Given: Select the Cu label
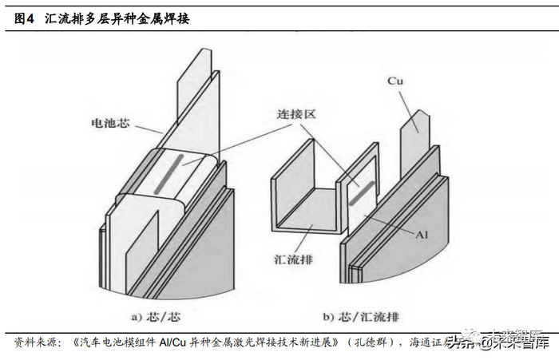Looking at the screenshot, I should point(394,81).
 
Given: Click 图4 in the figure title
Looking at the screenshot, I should point(26,18).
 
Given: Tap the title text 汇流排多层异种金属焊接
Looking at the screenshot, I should point(123,18).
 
